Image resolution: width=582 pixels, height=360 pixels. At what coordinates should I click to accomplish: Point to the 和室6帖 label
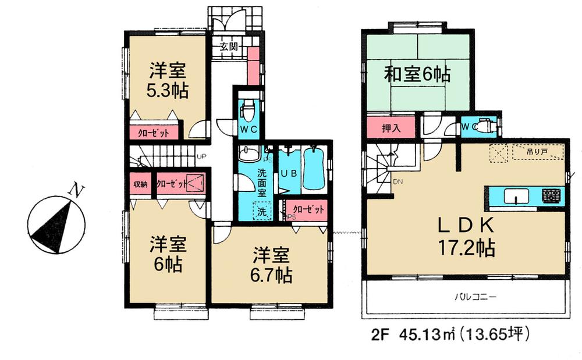click(418, 74)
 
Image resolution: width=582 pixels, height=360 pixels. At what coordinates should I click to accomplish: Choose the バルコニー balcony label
click(474, 297)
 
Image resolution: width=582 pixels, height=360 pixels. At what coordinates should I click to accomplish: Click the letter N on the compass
click(74, 189)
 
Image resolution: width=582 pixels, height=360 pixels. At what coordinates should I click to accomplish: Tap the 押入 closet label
click(391, 127)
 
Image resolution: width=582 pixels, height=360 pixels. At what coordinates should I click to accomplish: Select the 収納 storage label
click(140, 184)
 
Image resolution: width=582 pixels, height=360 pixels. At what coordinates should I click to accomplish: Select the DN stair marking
click(398, 183)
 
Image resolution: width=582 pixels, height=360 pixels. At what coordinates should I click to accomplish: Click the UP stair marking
click(201, 156)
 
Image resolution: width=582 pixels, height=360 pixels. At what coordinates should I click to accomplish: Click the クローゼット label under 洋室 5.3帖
click(154, 133)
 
